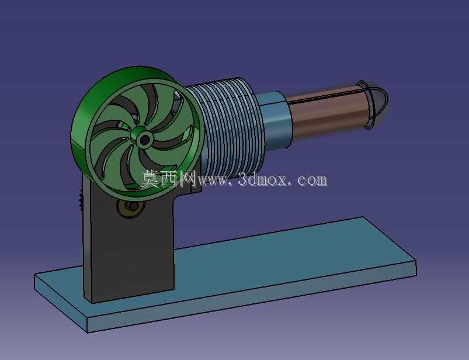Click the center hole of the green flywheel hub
[x=145, y=140]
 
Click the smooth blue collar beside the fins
[x=275, y=121]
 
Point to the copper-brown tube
[x=326, y=112]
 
